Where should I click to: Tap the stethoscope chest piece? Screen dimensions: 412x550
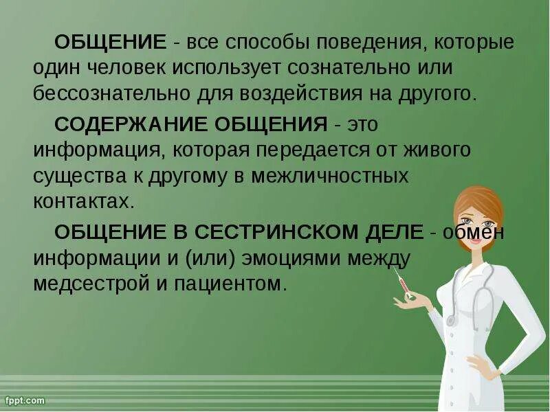tap(451, 321)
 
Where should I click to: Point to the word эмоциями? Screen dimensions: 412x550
tap(298, 257)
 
